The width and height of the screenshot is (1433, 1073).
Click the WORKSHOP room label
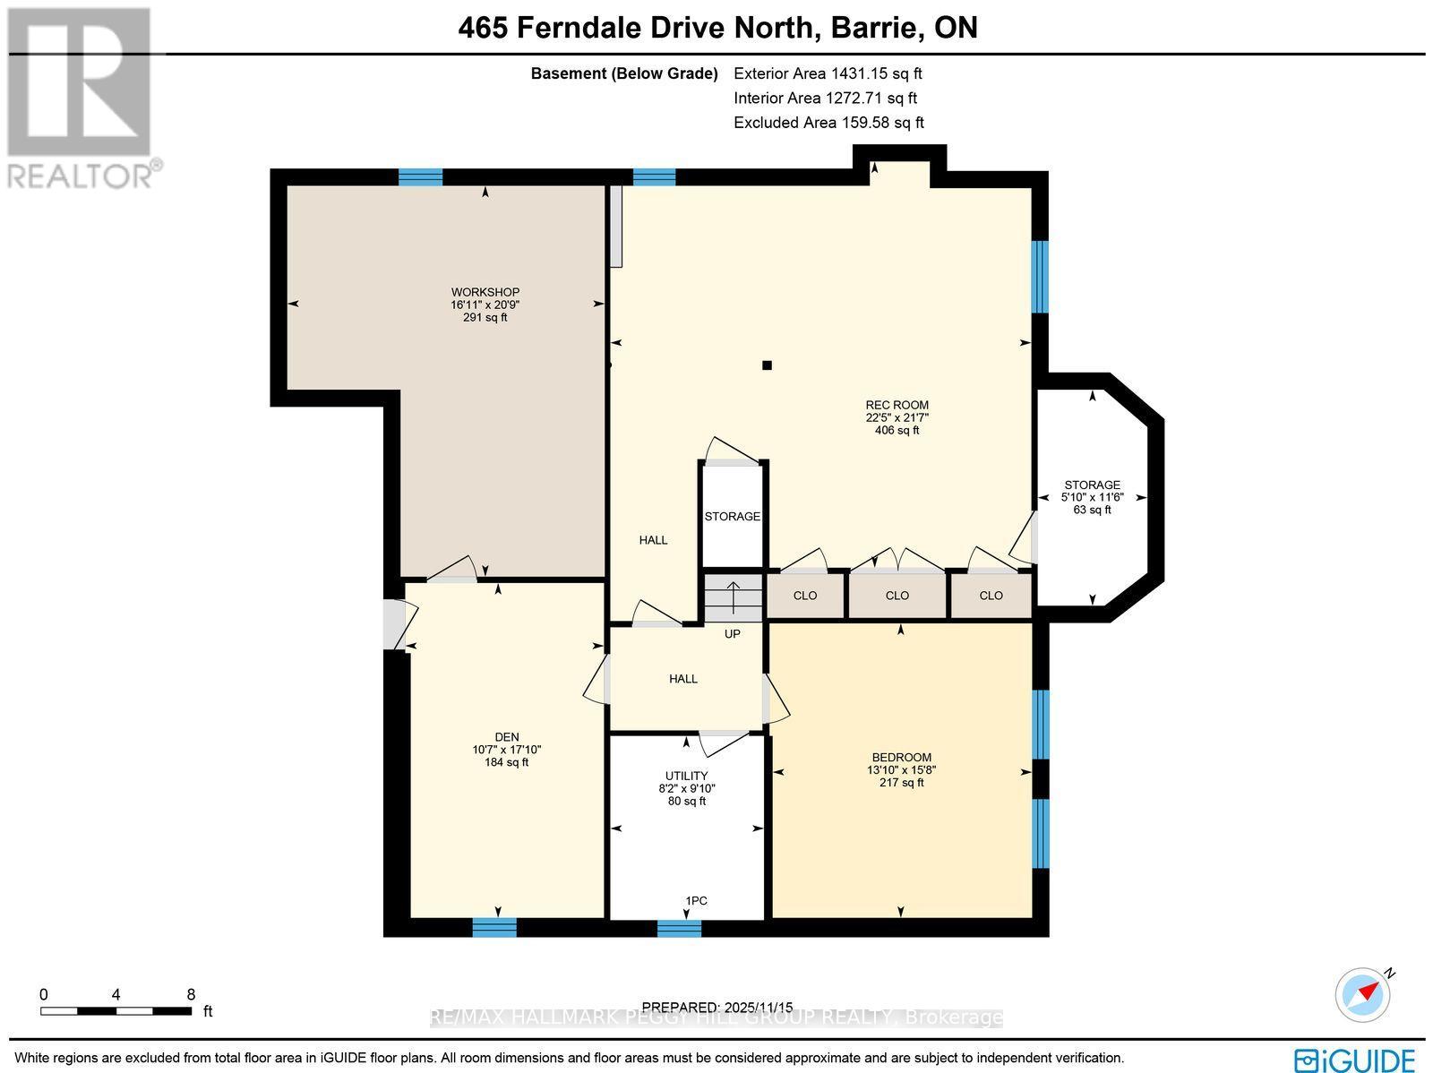click(485, 292)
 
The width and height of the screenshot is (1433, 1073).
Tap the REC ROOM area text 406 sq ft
click(897, 430)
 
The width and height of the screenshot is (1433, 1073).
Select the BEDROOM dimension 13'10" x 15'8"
click(901, 769)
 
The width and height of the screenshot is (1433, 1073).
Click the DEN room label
click(507, 737)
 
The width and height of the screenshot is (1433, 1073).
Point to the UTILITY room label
click(686, 776)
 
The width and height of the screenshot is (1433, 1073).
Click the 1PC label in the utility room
click(696, 900)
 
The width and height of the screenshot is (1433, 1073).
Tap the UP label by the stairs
click(732, 633)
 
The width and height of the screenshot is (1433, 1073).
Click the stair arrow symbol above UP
click(733, 596)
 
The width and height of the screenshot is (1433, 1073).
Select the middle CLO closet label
click(897, 596)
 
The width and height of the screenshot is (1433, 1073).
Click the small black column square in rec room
click(767, 365)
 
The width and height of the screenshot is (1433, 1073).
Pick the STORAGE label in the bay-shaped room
click(1092, 485)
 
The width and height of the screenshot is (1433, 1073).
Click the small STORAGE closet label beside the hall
click(732, 517)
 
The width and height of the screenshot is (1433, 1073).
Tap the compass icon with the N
click(1363, 994)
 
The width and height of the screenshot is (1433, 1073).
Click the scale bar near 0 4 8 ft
click(116, 1011)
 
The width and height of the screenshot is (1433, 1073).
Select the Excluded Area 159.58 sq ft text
click(828, 123)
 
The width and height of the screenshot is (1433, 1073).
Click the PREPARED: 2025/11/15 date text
click(717, 1008)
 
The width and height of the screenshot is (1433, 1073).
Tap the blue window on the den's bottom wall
click(494, 927)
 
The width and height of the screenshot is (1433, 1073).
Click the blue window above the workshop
click(420, 176)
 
